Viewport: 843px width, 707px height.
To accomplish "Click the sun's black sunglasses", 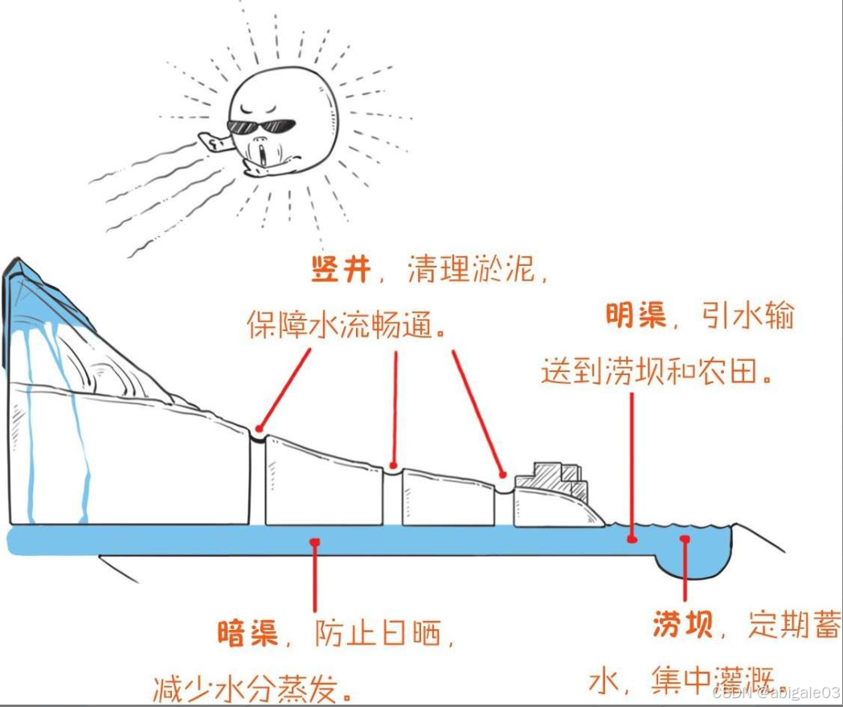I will (262, 126).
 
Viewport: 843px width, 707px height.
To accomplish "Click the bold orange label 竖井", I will (341, 270).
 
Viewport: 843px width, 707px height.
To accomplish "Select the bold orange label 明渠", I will (636, 316).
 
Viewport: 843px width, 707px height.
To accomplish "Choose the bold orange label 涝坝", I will (682, 624).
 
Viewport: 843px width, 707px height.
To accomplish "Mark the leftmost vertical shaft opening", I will (257, 438).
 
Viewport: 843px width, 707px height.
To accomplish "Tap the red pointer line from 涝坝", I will (685, 570).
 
